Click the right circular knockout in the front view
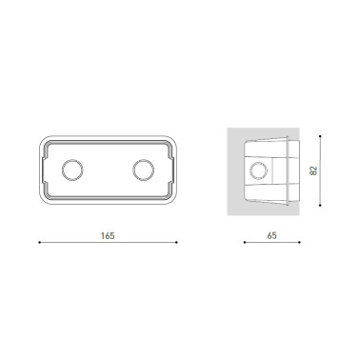143,171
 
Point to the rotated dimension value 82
312,171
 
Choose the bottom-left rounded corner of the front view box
43,201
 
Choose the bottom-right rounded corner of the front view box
172,201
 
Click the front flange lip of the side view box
295,171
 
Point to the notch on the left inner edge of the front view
49,171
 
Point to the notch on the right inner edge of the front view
168,171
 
